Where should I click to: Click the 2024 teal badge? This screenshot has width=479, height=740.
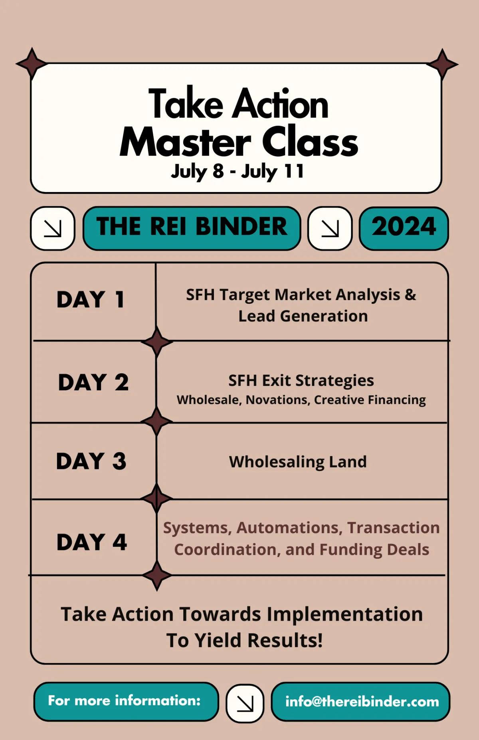click(404, 228)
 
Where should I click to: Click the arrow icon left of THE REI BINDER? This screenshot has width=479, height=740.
click(53, 228)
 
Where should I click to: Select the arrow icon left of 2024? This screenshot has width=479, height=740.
click(330, 228)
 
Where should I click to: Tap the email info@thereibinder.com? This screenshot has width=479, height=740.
click(361, 702)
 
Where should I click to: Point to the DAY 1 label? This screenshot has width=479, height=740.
click(91, 300)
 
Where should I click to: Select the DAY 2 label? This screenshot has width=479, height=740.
click(93, 382)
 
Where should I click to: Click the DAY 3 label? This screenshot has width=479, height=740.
click(91, 461)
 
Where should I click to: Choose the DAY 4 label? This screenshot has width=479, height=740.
click(92, 542)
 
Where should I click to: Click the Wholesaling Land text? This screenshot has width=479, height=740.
click(298, 462)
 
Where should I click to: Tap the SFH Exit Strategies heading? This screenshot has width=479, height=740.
click(301, 381)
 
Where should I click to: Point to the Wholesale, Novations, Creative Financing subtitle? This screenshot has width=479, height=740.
click(301, 400)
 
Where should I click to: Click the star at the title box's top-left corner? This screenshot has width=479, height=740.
click(32, 63)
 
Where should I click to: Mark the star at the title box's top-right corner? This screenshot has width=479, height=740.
click(442, 64)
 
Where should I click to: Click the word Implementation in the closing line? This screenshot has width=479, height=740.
click(345, 614)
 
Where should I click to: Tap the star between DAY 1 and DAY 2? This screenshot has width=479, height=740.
click(157, 342)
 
